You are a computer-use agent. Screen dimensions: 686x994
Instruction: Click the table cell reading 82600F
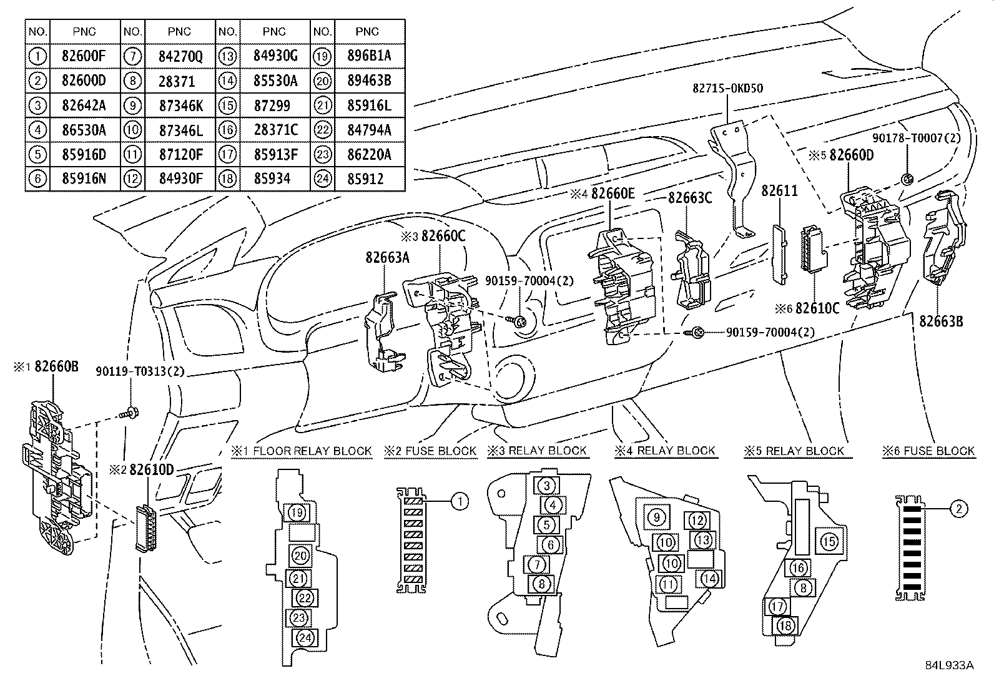(x=84, y=56)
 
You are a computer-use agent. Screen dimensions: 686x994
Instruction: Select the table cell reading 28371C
(x=275, y=130)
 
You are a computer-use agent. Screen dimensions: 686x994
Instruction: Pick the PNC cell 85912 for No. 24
(x=367, y=179)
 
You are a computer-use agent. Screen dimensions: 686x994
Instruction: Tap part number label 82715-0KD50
(x=727, y=89)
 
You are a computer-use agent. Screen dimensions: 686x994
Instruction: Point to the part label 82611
(x=779, y=191)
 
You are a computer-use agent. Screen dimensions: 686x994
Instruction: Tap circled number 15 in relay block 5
(x=829, y=541)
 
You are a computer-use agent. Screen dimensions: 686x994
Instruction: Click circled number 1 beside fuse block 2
(x=460, y=501)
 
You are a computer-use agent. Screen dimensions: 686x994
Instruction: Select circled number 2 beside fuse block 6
(x=958, y=509)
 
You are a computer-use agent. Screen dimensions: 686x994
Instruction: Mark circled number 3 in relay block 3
(x=546, y=486)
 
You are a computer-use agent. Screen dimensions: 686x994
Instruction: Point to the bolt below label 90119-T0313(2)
(x=130, y=413)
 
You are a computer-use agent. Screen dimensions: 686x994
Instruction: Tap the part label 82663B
(x=941, y=321)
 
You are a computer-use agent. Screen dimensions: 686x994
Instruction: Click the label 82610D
(x=152, y=469)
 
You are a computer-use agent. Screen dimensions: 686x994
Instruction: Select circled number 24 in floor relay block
(x=305, y=638)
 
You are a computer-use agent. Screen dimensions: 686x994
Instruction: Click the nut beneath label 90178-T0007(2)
(x=908, y=180)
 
